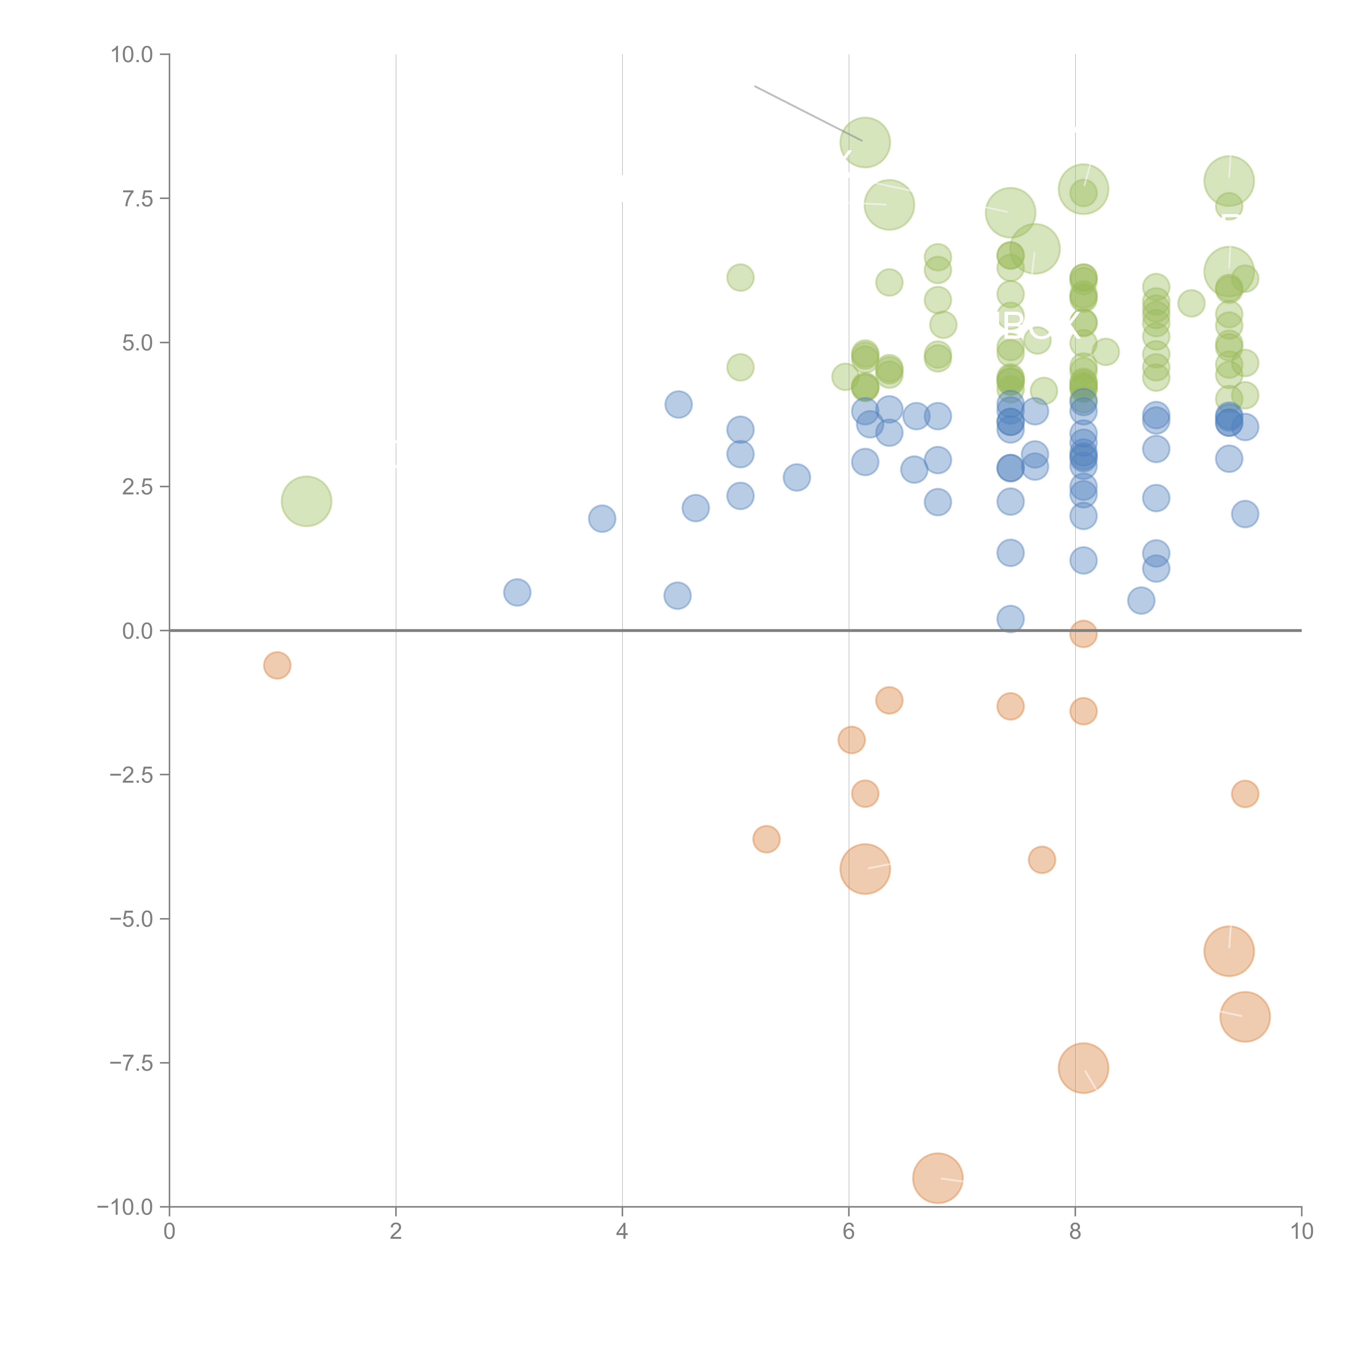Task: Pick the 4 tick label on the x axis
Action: pyautogui.click(x=622, y=1232)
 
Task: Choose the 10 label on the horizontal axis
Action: pyautogui.click(x=1301, y=1232)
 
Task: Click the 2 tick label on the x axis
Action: pyautogui.click(x=396, y=1232)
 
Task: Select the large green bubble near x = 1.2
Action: pyautogui.click(x=306, y=501)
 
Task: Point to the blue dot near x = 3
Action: pyautogui.click(x=517, y=592)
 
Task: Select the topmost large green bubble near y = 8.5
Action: pyautogui.click(x=865, y=142)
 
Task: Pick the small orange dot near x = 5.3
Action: pyautogui.click(x=766, y=839)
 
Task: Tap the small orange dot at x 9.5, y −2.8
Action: pyautogui.click(x=1245, y=794)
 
